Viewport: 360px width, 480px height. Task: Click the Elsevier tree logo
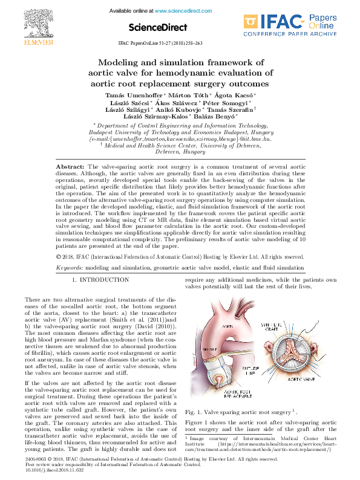click(x=30, y=22)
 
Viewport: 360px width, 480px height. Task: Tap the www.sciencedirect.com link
click(x=179, y=11)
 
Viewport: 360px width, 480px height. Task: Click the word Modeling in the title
click(x=122, y=62)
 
